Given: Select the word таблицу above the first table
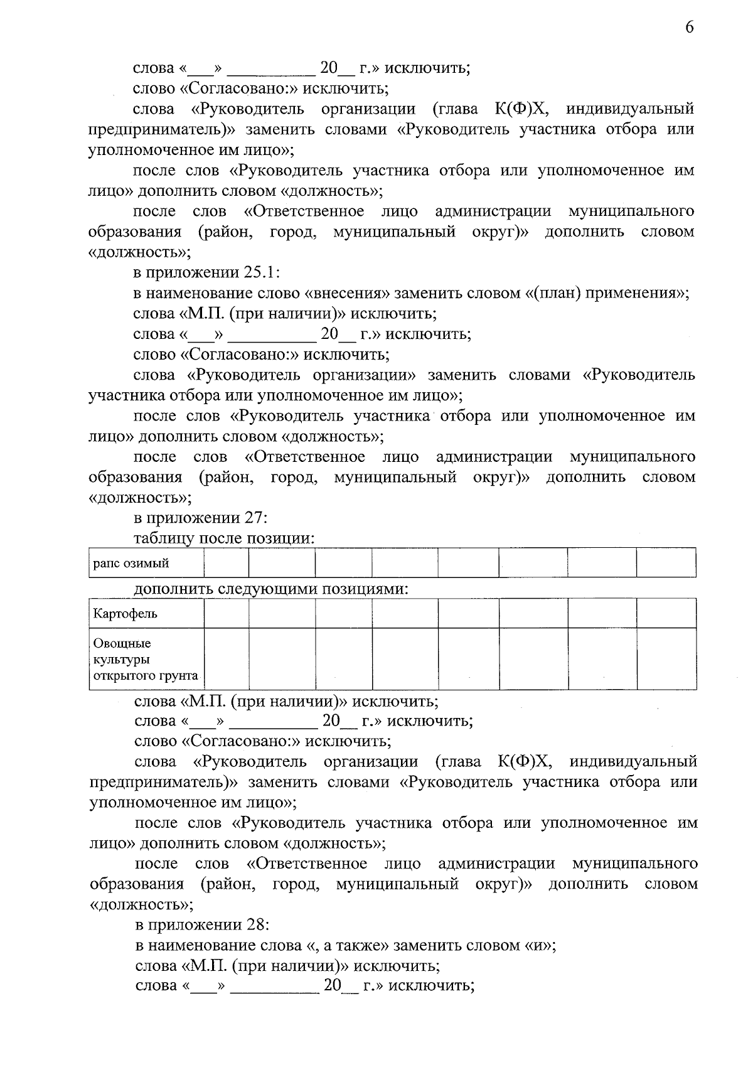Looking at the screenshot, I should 164,539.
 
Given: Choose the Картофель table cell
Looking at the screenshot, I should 125,613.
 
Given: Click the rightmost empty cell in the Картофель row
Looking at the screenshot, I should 666,613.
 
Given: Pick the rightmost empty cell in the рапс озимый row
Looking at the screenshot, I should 666,562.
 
